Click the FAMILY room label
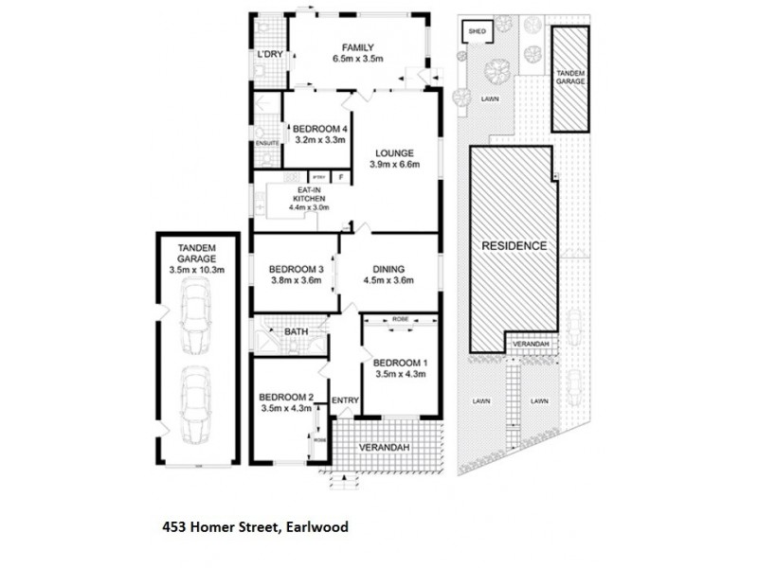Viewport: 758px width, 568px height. point(357,48)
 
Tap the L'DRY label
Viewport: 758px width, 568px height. point(271,54)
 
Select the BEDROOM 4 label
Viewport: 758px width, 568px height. point(320,129)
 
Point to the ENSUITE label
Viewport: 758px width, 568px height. point(268,143)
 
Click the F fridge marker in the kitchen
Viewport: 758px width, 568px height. point(341,177)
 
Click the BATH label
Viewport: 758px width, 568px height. point(296,331)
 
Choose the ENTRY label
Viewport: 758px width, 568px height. point(345,400)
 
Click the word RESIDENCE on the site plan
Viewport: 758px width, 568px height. point(514,245)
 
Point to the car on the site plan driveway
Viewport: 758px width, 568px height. point(573,382)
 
